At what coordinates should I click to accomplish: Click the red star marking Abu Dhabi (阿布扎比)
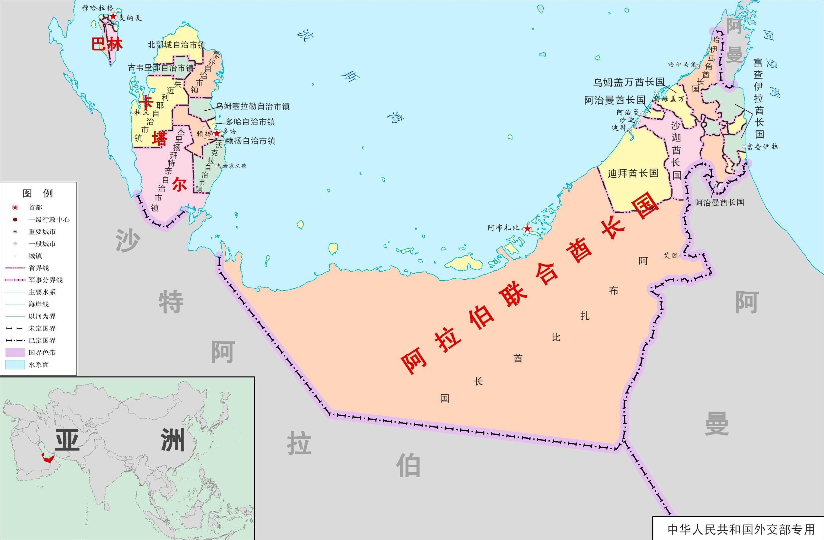tap(527, 228)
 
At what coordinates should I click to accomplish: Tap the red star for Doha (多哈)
tap(217, 134)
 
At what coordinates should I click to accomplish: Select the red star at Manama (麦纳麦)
tap(113, 16)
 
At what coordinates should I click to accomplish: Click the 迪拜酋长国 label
tap(632, 173)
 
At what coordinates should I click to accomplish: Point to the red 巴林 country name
tap(107, 45)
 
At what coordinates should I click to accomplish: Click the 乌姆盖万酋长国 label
tap(629, 82)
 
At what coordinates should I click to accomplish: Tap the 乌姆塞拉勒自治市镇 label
tap(253, 106)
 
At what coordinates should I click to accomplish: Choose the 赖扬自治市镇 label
tap(250, 141)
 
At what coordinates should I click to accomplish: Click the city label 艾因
tap(670, 256)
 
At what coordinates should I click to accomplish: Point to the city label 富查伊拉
tap(763, 147)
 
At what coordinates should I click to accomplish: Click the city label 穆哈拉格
tap(97, 8)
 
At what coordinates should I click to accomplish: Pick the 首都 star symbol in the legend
tap(15, 208)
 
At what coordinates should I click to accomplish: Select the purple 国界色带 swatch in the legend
tap(15, 352)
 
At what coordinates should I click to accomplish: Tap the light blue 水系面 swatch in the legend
tap(15, 365)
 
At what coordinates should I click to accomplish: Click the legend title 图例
tap(38, 193)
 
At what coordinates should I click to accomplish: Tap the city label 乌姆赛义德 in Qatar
tap(231, 166)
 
